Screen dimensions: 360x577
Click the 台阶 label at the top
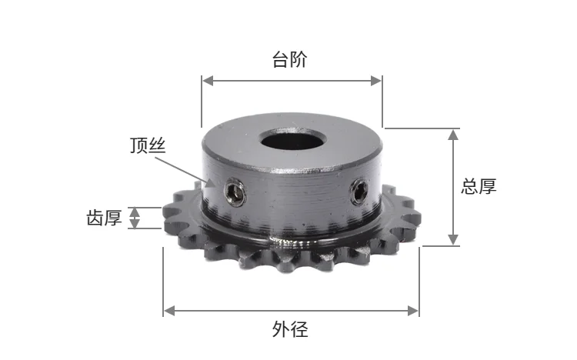tap(290, 59)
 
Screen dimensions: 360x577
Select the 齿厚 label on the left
tap(104, 218)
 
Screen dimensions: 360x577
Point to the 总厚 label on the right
tap(479, 186)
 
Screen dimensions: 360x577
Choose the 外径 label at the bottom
tap(290, 331)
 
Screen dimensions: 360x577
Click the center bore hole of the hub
tap(291, 142)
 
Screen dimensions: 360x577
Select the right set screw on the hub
tap(359, 192)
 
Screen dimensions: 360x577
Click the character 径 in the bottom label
tap(299, 331)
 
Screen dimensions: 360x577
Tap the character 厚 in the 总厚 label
tap(489, 186)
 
